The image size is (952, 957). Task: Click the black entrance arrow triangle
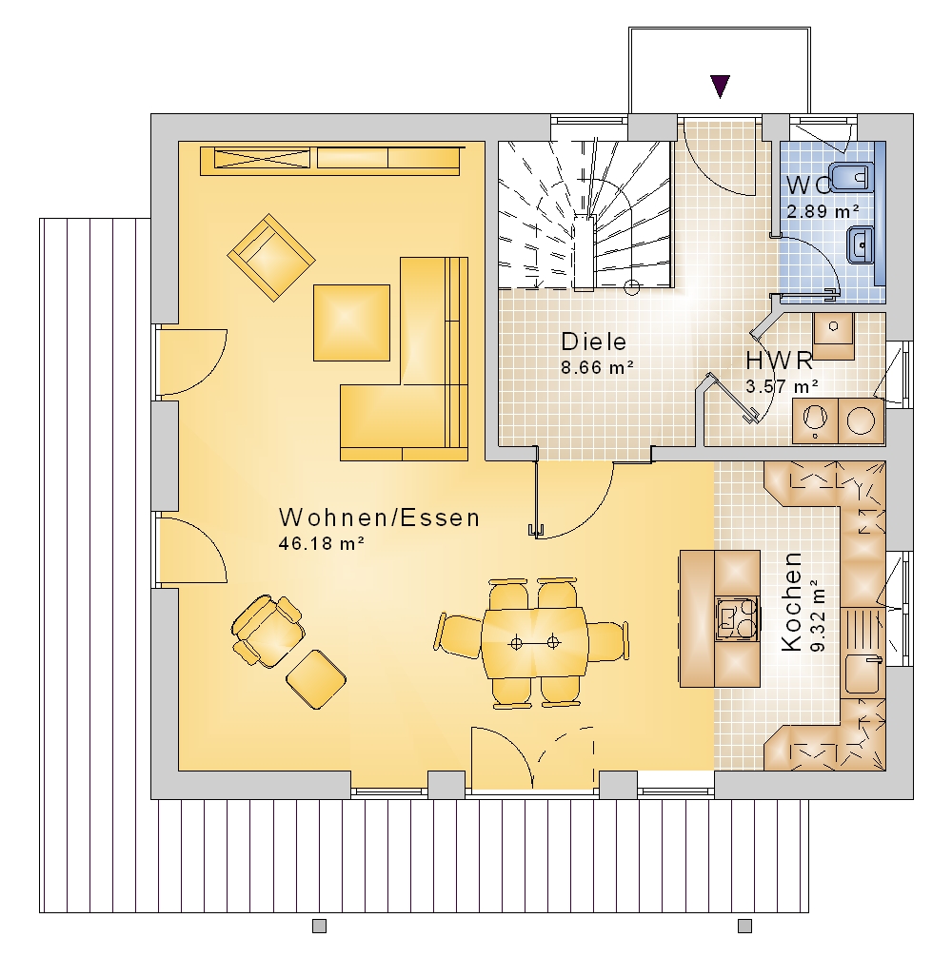tap(720, 86)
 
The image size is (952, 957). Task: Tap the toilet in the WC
tap(852, 178)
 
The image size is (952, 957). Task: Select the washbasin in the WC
tap(861, 244)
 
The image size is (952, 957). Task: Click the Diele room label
tap(593, 342)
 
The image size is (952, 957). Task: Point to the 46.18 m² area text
tap(321, 543)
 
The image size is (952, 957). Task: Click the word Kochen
tap(791, 601)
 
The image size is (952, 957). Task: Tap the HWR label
tap(779, 361)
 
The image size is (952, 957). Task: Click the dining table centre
tap(534, 642)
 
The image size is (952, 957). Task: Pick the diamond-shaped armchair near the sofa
tap(271, 257)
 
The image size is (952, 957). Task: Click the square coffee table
tap(351, 322)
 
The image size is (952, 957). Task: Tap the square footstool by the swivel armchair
tap(316, 679)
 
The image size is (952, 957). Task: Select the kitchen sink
tap(863, 674)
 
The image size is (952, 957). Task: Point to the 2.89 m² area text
tap(823, 211)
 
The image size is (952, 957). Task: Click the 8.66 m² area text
tap(597, 367)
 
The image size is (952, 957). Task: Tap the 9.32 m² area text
tap(818, 615)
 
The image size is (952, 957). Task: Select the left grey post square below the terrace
tap(319, 926)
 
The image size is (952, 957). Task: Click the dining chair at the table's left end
tap(459, 636)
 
